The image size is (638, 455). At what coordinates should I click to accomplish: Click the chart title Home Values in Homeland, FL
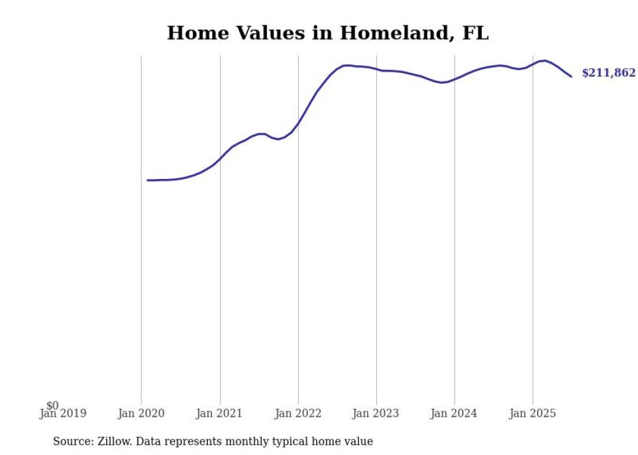[327, 33]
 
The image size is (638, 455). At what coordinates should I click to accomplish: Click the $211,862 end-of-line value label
[608, 73]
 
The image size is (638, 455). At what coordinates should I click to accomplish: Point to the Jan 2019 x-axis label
[62, 413]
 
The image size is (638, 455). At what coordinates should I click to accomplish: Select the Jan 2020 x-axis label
[141, 413]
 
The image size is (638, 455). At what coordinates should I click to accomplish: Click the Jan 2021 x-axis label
[219, 413]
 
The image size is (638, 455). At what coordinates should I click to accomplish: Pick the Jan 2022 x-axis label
[298, 413]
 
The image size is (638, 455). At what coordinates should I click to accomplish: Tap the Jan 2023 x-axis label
[376, 413]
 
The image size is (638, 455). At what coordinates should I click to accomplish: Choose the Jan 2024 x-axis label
[454, 413]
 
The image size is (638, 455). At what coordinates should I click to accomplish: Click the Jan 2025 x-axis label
[533, 413]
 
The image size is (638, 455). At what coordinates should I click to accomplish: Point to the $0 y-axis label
[52, 406]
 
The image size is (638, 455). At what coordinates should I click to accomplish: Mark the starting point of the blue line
[148, 180]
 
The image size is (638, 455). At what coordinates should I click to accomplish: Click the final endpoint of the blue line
[572, 77]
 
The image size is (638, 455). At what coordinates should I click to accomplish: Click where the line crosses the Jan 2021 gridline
[220, 158]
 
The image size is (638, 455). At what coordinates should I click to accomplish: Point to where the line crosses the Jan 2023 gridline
[376, 70]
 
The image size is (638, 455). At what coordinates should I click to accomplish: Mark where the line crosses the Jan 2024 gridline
[454, 79]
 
